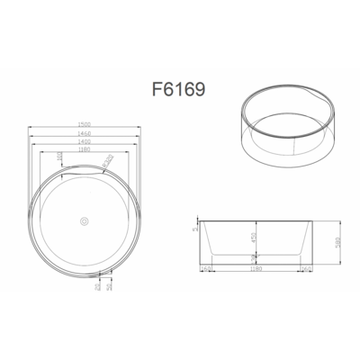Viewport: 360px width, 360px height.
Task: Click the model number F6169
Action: [181, 90]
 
